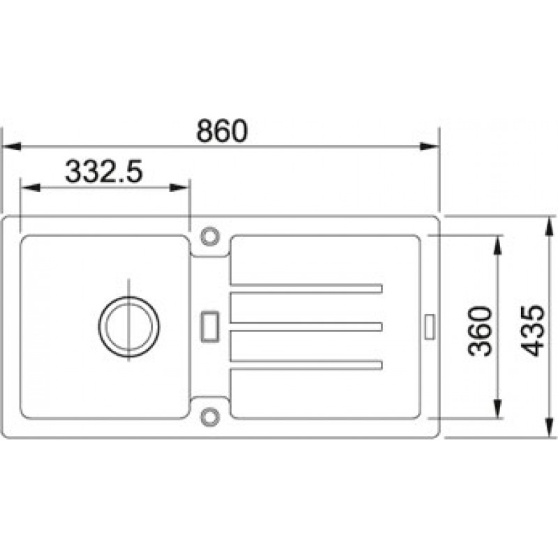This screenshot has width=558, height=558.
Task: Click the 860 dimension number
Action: (222, 130)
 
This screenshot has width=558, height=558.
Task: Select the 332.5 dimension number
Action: (104, 172)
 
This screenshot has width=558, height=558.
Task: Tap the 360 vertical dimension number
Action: (480, 331)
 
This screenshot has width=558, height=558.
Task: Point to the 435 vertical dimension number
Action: (533, 331)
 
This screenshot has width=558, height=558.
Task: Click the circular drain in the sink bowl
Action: (99, 326)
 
